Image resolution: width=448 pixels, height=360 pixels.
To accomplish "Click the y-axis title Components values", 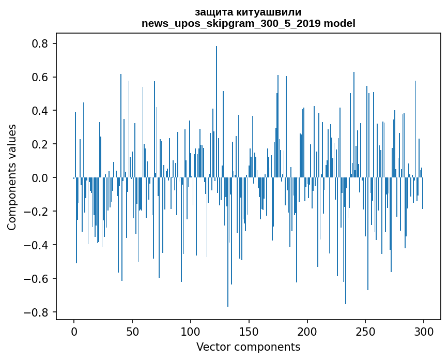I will tap(12, 177).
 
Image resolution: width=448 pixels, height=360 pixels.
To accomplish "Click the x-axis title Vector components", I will tap(248, 347).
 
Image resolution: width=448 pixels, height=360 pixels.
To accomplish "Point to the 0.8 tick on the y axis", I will tap(39, 44).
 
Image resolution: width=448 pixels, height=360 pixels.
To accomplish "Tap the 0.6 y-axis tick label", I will tap(39, 78).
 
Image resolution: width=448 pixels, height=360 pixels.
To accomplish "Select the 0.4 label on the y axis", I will tap(39, 111).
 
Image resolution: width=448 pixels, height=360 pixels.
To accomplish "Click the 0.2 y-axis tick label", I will tap(39, 144).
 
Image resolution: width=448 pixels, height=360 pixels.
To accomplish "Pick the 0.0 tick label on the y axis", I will tap(39, 178).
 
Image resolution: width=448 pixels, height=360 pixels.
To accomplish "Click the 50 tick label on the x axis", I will tap(132, 331).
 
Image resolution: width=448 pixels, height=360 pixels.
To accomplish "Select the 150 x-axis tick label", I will tap(249, 331).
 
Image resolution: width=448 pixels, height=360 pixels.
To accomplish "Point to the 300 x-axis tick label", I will tap(424, 331).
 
